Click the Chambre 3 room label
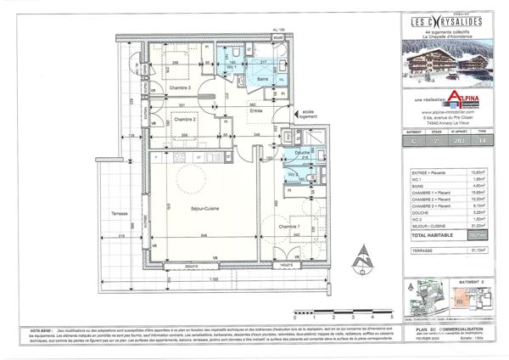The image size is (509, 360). [x=179, y=88]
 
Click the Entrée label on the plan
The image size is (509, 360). [x=255, y=110]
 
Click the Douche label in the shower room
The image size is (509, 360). [x=302, y=152]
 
